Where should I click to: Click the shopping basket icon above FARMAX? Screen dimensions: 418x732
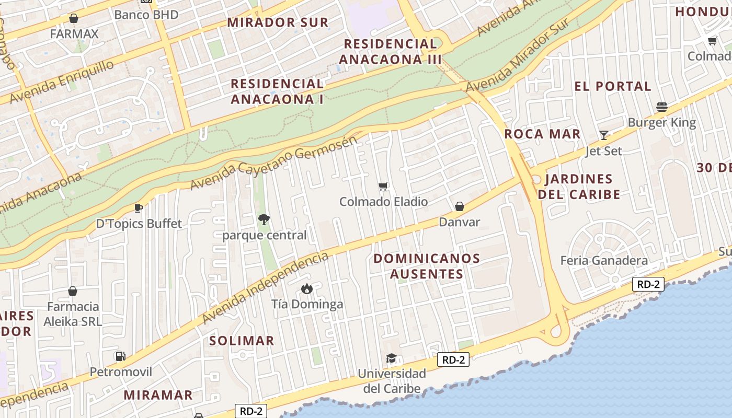tap(74, 19)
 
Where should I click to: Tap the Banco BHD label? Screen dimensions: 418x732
tap(146, 15)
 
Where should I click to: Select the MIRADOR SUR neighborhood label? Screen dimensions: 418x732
tap(278, 22)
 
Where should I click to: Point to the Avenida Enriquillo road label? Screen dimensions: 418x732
tap(62, 82)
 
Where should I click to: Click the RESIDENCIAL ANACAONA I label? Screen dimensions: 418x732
tap(277, 91)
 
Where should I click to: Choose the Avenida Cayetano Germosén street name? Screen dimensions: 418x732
tap(274, 163)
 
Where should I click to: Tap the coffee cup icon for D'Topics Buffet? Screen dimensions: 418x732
tap(139, 208)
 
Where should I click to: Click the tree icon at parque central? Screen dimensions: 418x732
tap(264, 219)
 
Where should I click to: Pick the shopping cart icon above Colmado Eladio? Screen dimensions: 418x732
tap(383, 187)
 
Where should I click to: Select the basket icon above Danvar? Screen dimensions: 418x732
tap(460, 207)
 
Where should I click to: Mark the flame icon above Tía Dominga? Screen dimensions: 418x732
tap(307, 288)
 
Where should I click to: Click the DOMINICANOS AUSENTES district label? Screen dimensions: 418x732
tap(427, 266)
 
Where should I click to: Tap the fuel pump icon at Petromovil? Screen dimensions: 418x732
tap(121, 356)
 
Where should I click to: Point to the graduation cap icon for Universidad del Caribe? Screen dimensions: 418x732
tap(391, 358)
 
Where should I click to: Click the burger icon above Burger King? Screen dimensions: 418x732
tap(662, 108)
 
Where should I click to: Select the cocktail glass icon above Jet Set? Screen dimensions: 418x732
tap(604, 135)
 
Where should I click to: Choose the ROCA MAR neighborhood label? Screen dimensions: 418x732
tap(542, 134)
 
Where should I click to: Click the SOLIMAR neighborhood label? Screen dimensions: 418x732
tap(242, 341)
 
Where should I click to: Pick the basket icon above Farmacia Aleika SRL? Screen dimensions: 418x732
tap(73, 291)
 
